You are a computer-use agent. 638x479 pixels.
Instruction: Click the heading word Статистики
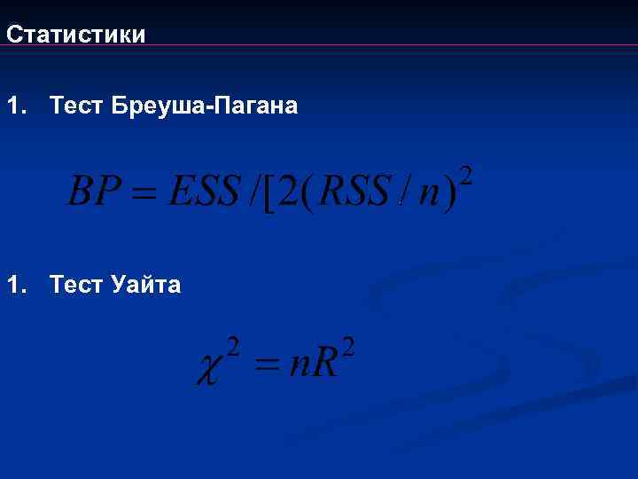[x=75, y=35]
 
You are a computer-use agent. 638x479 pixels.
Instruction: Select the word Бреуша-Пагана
[x=206, y=106]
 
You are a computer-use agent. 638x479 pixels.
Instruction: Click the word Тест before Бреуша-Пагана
[x=78, y=106]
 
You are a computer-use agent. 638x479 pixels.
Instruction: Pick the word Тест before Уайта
[x=78, y=285]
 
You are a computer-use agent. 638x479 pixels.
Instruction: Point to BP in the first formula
[x=94, y=190]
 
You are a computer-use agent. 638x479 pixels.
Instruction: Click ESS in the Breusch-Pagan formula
[x=205, y=190]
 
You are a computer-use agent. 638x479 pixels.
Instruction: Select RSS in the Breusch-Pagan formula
[x=354, y=190]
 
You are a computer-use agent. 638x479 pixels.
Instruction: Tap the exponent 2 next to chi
[x=233, y=343]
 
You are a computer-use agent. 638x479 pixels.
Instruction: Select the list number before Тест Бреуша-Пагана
[x=17, y=106]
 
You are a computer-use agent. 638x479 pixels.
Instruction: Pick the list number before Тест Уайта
[x=17, y=285]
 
